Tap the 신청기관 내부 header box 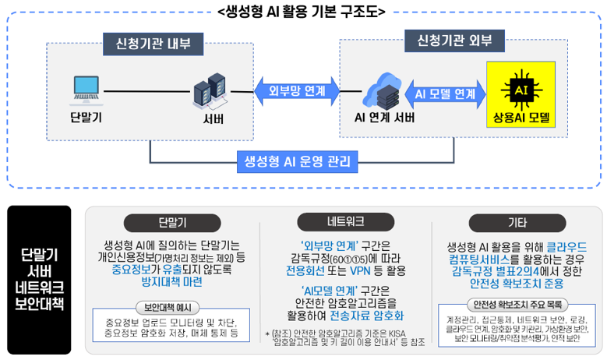pos(147,43)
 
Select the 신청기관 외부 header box pos(449,38)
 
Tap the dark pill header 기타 pos(515,221)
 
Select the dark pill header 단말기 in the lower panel pos(171,221)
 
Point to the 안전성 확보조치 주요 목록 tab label pos(514,304)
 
